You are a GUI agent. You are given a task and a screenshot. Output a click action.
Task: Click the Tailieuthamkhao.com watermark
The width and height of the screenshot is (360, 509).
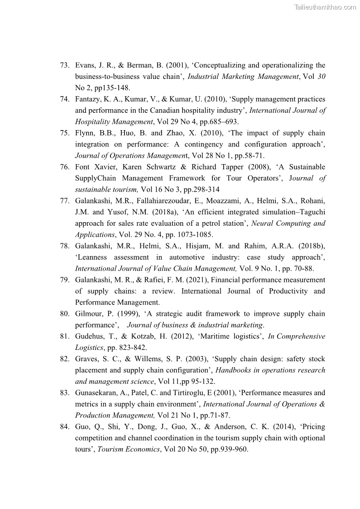tap(325, 7)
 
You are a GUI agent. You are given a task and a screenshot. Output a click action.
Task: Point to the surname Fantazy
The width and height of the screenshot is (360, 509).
tap(89, 99)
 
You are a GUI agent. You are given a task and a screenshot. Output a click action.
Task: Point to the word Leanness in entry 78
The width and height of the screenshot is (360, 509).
tap(92, 257)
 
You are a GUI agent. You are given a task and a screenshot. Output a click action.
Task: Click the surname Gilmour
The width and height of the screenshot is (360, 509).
tap(89, 314)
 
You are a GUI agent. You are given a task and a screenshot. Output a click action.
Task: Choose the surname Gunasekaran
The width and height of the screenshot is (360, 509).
tap(96, 393)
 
